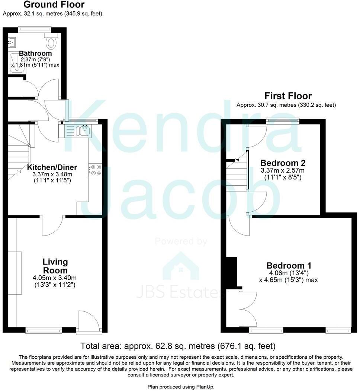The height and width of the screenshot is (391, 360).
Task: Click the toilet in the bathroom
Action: click(51, 42)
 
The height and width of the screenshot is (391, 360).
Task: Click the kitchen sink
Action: click(79, 131)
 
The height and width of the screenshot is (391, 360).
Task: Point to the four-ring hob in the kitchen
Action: click(96, 170)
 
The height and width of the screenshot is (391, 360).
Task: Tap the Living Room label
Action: click(55, 266)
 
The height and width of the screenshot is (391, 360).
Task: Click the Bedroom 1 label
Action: click(289, 266)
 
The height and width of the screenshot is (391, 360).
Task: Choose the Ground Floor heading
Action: click(54, 5)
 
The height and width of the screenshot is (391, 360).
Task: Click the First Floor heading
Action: click(288, 96)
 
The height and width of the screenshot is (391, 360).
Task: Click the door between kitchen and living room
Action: click(52, 225)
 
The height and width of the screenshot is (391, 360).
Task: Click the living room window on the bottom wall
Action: click(44, 330)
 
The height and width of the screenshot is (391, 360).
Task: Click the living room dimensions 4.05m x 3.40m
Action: click(55, 278)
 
